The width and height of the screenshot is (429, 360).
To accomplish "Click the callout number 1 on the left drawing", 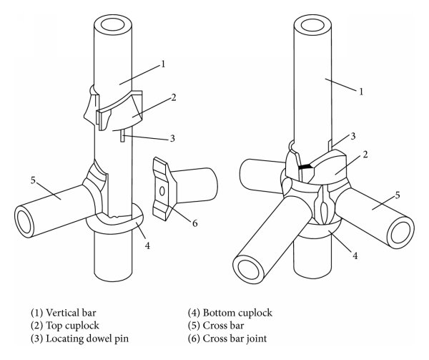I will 164,64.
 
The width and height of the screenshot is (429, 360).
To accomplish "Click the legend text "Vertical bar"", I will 74,313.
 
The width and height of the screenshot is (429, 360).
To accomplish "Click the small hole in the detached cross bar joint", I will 163,191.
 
